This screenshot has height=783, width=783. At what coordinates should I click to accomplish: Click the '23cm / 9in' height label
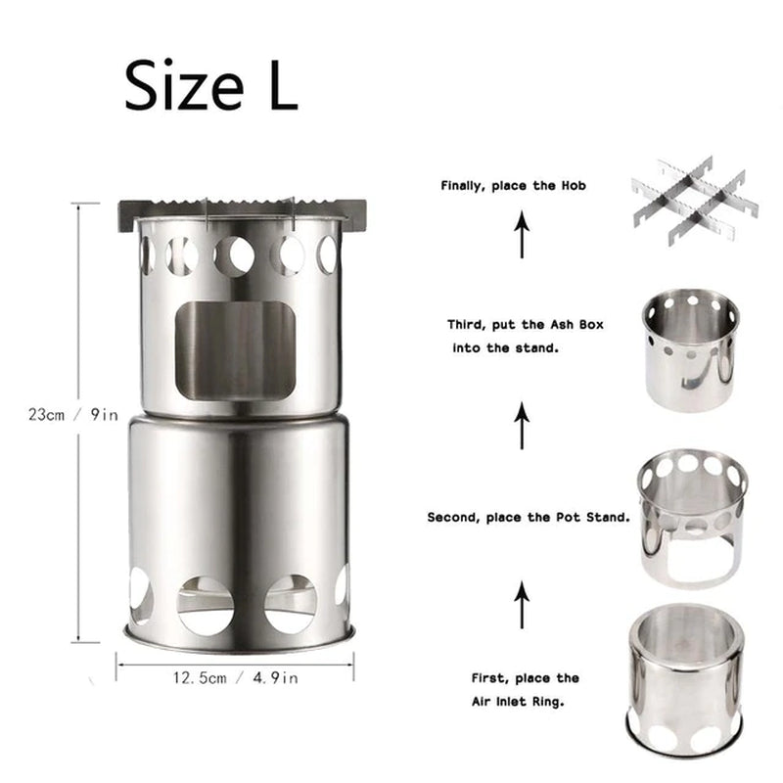[x=72, y=414]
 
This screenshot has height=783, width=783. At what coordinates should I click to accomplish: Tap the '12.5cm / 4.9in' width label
[x=236, y=675]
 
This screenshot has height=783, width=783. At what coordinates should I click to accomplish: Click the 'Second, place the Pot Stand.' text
[x=528, y=517]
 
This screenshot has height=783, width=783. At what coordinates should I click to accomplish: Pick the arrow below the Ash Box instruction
[x=523, y=426]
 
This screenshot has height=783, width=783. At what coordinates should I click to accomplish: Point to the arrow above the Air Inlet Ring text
[x=523, y=601]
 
